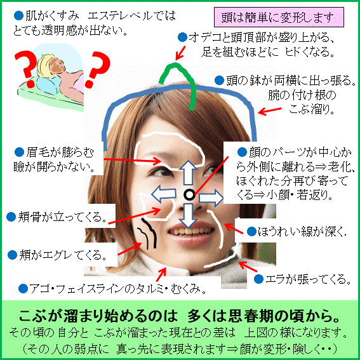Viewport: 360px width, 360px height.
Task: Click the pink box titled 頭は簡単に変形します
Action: pyautogui.click(x=279, y=17)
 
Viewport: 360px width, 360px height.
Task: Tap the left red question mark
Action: pyautogui.click(x=25, y=69)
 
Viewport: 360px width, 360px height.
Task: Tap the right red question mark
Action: pyautogui.click(x=98, y=69)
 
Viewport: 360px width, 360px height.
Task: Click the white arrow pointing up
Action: pyautogui.click(x=189, y=173)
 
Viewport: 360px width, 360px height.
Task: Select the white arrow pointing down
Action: pyautogui.click(x=189, y=215)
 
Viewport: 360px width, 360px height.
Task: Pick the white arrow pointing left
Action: pyautogui.click(x=163, y=194)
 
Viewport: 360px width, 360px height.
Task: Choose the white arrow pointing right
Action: pyautogui.click(x=211, y=197)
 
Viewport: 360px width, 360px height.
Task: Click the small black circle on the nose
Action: pyautogui.click(x=189, y=195)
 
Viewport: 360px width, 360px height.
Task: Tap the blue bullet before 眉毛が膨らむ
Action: pyautogui.click(x=19, y=152)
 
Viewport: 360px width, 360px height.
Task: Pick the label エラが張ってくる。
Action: pyautogui.click(x=308, y=279)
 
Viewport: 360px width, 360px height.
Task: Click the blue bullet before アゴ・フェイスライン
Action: pyautogui.click(x=23, y=289)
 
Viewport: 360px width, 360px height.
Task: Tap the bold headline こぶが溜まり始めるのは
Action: pyautogui.click(x=98, y=316)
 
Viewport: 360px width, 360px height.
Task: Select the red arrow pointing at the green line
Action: pyautogui.click(x=180, y=53)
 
